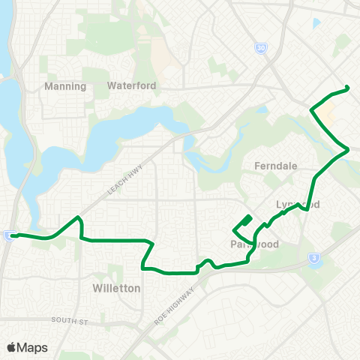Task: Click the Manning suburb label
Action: click(66, 85)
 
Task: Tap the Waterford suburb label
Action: click(132, 85)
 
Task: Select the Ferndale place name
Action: click(276, 166)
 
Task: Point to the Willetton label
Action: click(115, 287)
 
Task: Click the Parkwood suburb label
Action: click(255, 244)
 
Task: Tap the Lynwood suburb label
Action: click(288, 205)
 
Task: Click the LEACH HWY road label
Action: click(120, 181)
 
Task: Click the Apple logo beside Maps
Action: click(12, 347)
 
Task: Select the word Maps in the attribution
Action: click(32, 347)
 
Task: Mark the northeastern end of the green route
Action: click(349, 89)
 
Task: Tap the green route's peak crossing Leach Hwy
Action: click(78, 218)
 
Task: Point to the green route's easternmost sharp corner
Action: click(349, 150)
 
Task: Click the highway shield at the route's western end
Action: click(8, 236)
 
